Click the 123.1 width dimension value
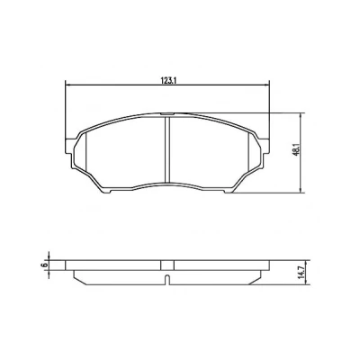click(167, 80)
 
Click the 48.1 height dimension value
click(296, 149)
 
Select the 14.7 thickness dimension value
click(302, 273)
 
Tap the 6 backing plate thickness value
click(45, 265)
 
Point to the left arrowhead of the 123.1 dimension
click(67, 85)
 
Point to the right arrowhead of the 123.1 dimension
click(266, 85)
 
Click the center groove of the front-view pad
click(167, 149)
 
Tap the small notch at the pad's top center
click(167, 114)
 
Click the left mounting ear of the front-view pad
click(69, 147)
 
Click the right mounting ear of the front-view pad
click(265, 147)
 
